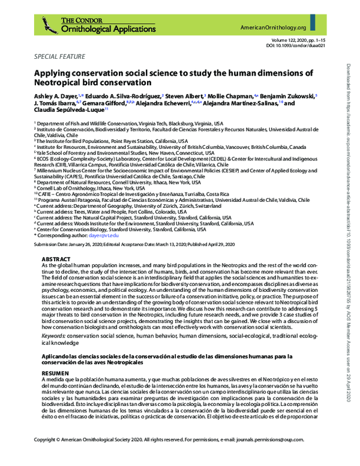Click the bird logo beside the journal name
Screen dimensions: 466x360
49,25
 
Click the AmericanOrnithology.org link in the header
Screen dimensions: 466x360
273,28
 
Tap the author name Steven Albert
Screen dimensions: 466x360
183,95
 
